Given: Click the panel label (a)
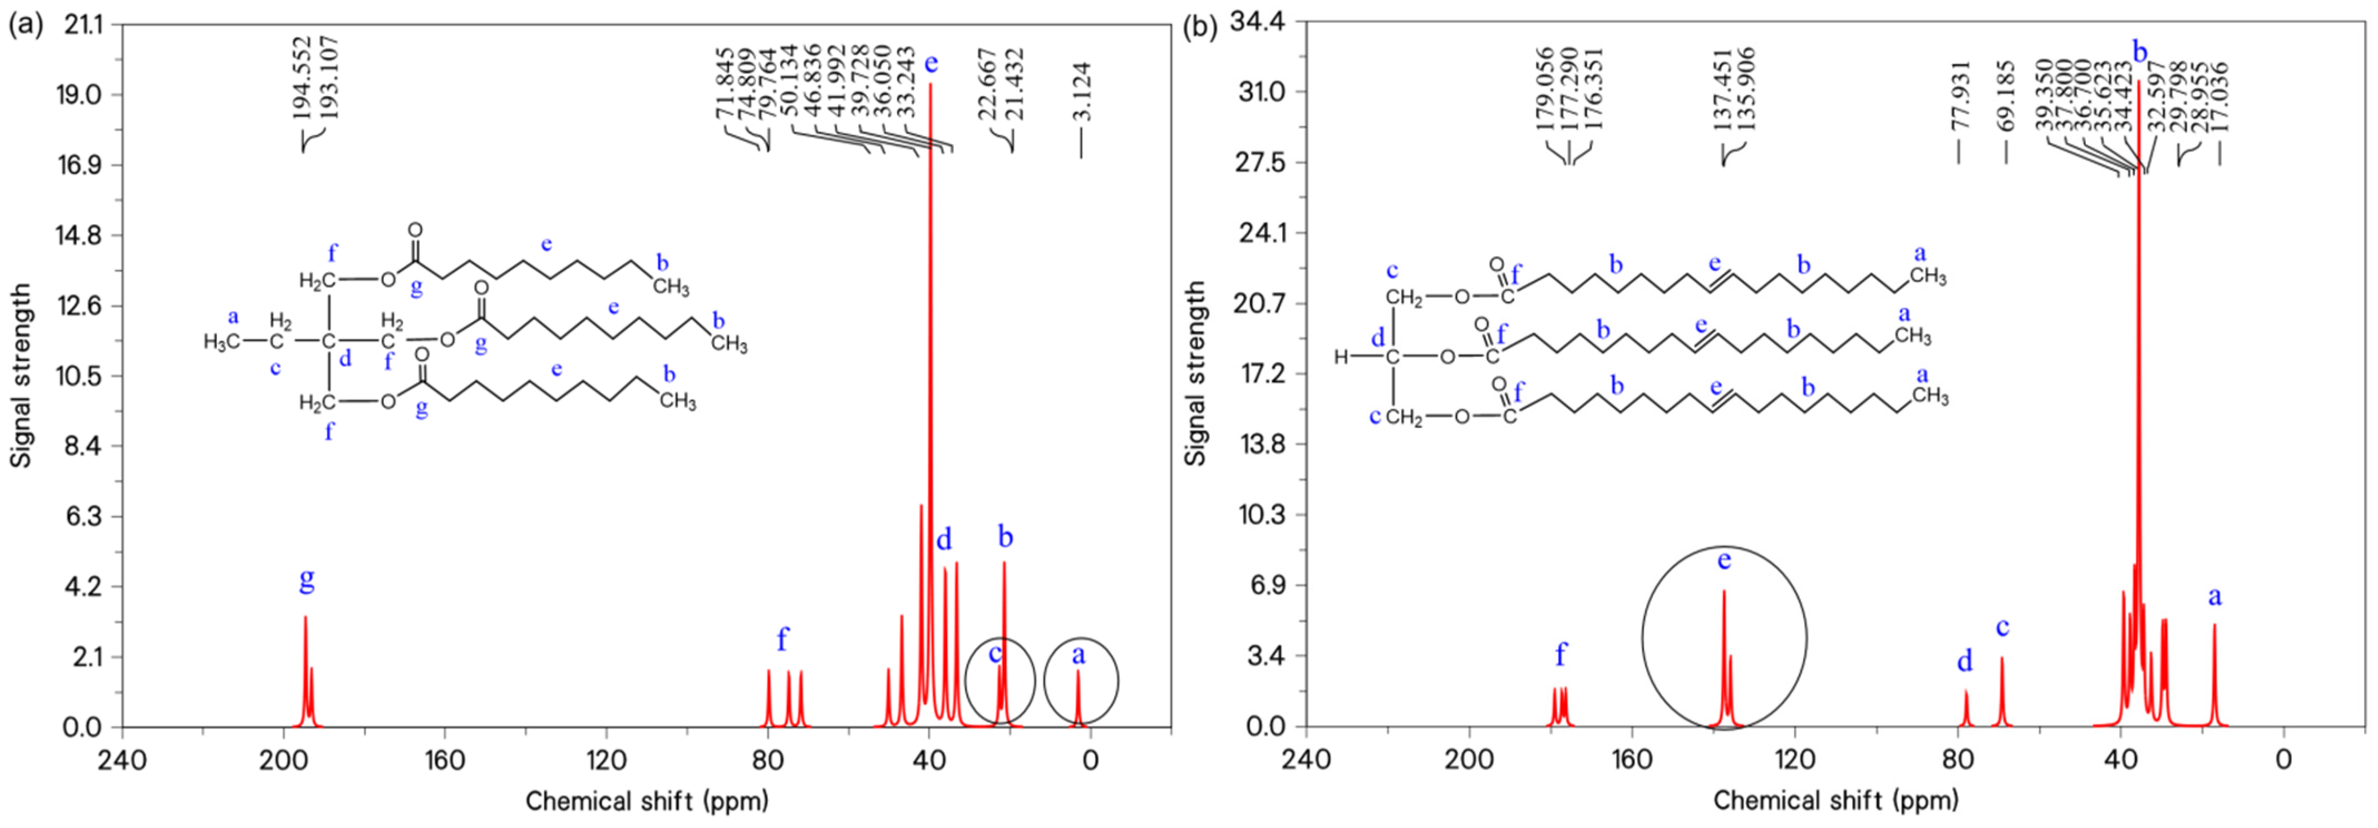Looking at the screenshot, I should tap(25, 25).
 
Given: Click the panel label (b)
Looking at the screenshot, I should tap(1200, 25).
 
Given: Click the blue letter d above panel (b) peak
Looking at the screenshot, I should tap(1965, 661).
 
